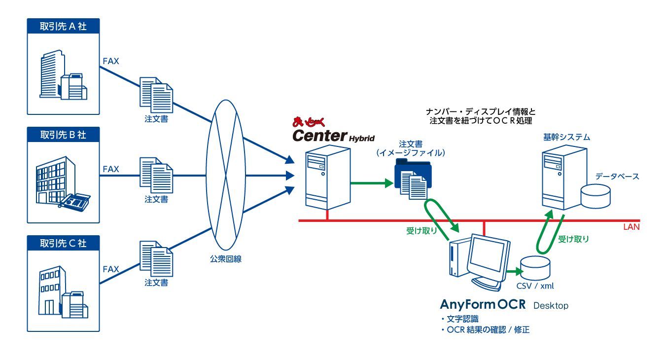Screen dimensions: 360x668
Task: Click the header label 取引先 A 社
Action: pos(63,26)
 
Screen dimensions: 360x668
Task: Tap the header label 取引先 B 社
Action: pos(63,134)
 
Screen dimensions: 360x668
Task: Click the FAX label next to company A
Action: pos(110,62)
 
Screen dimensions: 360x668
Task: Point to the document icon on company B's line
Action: pos(156,175)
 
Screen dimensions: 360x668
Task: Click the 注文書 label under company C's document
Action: pos(156,283)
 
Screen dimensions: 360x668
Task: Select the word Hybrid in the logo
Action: pos(362,139)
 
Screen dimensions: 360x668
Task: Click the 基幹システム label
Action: pos(566,137)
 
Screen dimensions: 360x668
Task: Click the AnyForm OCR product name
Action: pos(483,305)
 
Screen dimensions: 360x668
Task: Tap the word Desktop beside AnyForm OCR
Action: pos(551,306)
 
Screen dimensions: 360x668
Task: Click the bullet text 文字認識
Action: pos(462,319)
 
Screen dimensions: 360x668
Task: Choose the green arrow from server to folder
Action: pos(370,184)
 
